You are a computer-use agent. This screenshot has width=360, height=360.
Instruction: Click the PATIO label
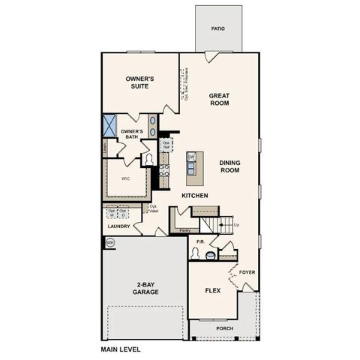point(217,28)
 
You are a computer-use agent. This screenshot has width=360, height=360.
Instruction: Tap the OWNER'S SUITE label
point(140,82)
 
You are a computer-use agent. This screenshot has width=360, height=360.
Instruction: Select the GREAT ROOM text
point(219,100)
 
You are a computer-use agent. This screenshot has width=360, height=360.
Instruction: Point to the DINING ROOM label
point(229,166)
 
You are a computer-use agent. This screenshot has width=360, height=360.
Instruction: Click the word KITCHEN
point(194,196)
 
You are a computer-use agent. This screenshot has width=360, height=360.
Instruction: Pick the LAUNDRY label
point(119,226)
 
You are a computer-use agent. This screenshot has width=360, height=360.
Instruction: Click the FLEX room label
point(212,289)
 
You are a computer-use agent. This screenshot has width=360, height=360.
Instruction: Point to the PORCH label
point(224,328)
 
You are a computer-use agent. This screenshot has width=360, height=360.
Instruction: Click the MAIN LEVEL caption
point(120,349)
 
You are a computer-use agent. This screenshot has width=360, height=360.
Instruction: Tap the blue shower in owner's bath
point(110,124)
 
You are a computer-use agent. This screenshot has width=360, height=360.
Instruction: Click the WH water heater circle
point(109,242)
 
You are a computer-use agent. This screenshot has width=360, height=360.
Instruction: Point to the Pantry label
point(184,230)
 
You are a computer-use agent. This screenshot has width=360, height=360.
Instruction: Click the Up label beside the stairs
point(237,224)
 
